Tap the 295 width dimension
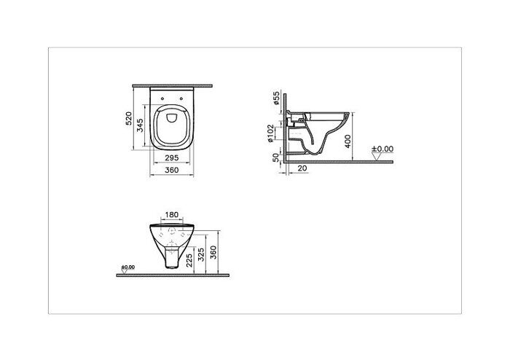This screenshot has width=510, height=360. (172, 157)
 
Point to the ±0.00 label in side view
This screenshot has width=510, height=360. (382, 149)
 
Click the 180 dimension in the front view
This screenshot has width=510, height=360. (171, 216)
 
